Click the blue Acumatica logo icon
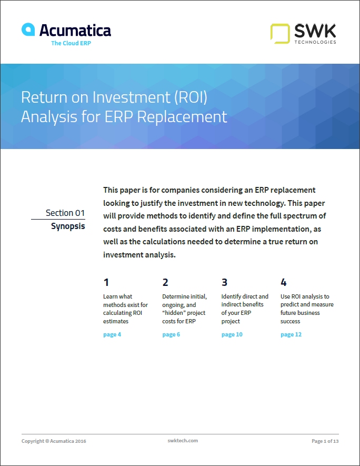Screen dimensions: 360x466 click(x=28, y=29)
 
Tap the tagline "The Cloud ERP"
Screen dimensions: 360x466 click(x=71, y=43)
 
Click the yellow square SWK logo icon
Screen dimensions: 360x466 click(x=280, y=34)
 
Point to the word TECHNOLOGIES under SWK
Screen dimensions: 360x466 click(x=315, y=42)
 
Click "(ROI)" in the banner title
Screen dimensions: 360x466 click(x=191, y=97)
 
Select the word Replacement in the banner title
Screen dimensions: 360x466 click(x=182, y=117)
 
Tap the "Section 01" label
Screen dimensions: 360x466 click(x=65, y=213)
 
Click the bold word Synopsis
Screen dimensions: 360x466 click(x=68, y=226)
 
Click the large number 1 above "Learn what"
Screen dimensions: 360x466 click(x=106, y=282)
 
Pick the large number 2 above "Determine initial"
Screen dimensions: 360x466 click(x=165, y=282)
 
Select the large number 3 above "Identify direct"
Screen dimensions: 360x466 click(x=225, y=282)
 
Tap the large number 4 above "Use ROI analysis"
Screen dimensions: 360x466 click(x=284, y=282)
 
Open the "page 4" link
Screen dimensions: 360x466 click(x=112, y=335)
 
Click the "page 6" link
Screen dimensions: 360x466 click(x=171, y=335)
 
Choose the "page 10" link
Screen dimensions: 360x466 click(x=232, y=335)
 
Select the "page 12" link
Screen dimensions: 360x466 click(x=291, y=335)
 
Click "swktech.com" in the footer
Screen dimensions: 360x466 click(x=183, y=441)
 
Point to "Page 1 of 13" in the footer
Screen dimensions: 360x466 click(x=325, y=441)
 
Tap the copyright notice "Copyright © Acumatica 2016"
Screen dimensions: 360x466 click(x=54, y=441)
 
